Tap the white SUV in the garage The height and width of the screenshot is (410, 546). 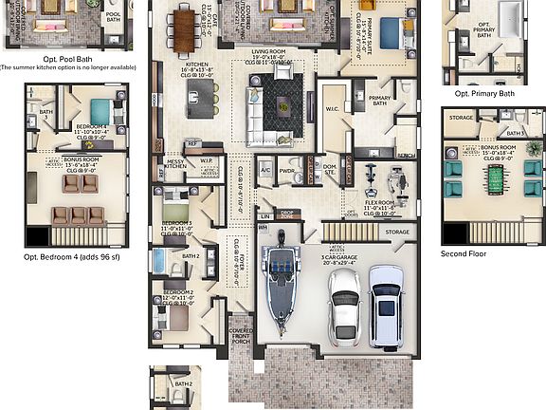click(x=386, y=306)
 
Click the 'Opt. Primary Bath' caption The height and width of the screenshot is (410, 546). click(x=484, y=94)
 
